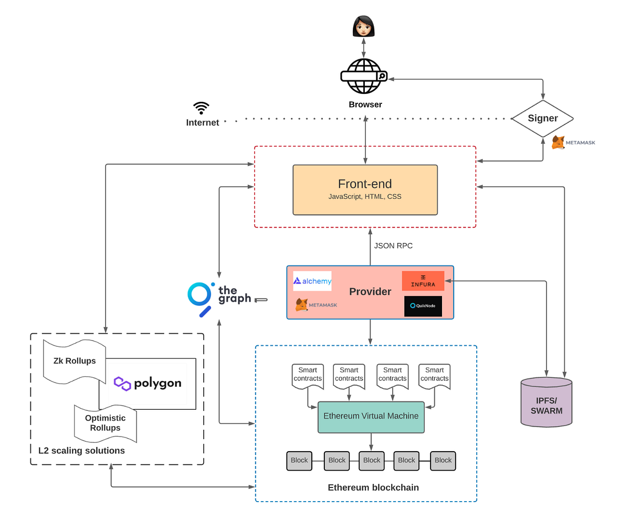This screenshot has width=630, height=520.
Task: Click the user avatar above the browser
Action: [x=363, y=26]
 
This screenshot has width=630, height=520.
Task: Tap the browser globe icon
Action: [x=363, y=76]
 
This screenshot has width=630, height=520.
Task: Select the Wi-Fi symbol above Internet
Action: [x=201, y=108]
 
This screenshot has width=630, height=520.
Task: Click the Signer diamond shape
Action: [x=542, y=119]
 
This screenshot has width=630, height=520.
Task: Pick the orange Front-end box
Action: [x=365, y=189]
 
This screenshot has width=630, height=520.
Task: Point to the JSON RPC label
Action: [x=393, y=246]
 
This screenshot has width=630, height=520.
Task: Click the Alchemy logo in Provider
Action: [x=312, y=281]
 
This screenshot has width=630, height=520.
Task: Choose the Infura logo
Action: [x=423, y=281]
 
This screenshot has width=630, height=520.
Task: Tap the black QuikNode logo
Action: [x=423, y=306]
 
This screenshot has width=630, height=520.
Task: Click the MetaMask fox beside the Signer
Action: [x=559, y=142]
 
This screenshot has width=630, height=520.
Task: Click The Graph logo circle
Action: [x=199, y=295]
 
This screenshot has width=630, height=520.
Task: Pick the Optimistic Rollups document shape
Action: [x=105, y=423]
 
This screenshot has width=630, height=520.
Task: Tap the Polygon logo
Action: [x=148, y=384]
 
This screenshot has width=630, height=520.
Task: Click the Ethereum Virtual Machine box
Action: [x=371, y=417]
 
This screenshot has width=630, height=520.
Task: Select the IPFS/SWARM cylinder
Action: [x=546, y=402]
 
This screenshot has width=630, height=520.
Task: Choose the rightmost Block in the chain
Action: [x=443, y=460]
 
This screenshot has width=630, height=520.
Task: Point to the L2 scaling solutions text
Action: [x=81, y=451]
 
